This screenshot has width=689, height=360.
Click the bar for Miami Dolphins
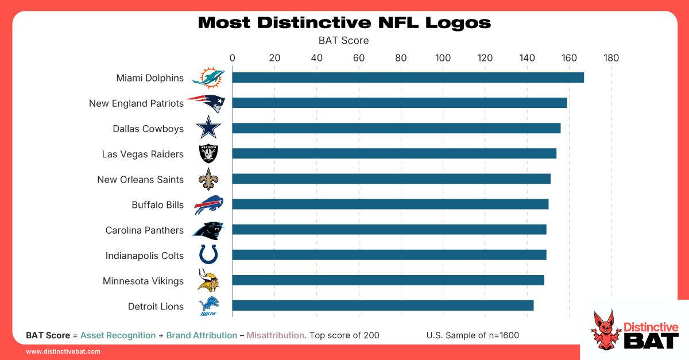tap(408, 78)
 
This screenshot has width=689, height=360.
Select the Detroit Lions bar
tap(382, 305)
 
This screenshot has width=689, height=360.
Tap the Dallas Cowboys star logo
tap(208, 127)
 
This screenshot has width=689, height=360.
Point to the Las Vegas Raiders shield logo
tap(208, 153)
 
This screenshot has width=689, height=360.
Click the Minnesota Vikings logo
tap(207, 280)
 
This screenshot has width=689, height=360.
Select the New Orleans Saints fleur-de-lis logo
tap(208, 179)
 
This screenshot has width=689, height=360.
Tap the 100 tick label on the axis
tap(443, 57)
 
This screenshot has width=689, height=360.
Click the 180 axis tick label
tap(611, 57)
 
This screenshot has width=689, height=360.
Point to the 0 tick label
tap(232, 57)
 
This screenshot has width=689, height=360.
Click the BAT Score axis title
tap(343, 41)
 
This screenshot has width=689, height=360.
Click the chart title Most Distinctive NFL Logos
tap(344, 22)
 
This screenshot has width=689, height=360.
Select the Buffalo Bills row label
tap(157, 205)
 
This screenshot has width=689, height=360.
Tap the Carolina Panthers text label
tap(144, 230)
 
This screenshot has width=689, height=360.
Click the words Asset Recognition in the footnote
tap(118, 335)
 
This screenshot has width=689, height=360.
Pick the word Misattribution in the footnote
tap(275, 335)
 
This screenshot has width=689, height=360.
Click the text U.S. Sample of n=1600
tap(473, 335)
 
